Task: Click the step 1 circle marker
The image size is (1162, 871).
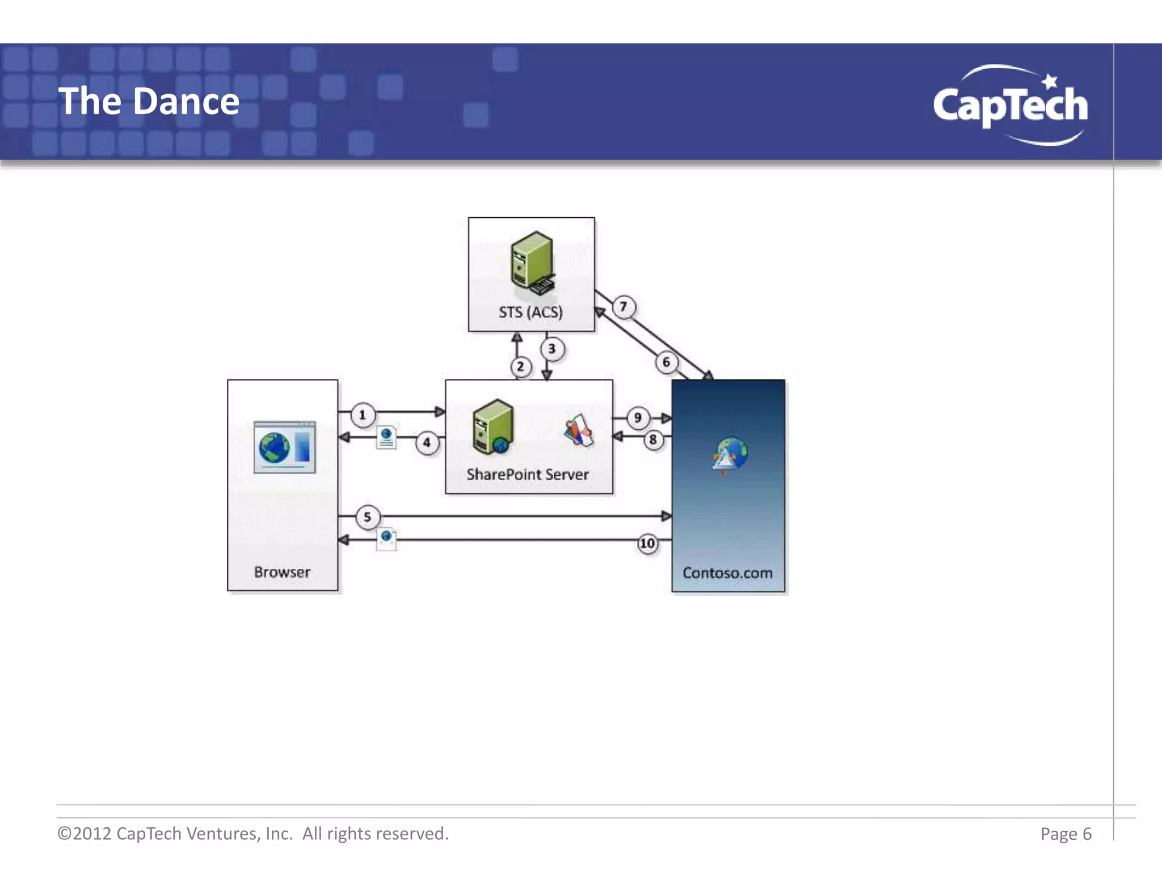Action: point(363,415)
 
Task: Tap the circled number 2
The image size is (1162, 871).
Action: point(520,367)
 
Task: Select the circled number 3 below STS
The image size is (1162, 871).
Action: point(551,349)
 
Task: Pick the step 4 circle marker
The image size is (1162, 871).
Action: point(427,443)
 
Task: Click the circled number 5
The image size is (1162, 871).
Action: point(367,517)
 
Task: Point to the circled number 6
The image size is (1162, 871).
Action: point(666,362)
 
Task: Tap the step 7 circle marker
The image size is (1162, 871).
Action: point(624,307)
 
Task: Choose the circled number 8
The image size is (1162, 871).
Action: point(653,439)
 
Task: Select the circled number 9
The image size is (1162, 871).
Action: point(638,418)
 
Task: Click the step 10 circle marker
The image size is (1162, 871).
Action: point(647,544)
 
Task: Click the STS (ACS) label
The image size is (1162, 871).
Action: point(531,312)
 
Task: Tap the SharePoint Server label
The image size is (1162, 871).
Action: point(528,475)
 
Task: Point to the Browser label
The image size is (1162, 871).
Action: point(282,572)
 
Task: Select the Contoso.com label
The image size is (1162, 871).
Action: point(727,573)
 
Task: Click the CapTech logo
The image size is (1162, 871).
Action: point(1011,105)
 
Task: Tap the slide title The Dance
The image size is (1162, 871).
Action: point(149,102)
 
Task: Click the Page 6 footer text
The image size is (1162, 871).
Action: point(1066,834)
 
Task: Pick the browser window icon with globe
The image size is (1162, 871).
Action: point(284,447)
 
